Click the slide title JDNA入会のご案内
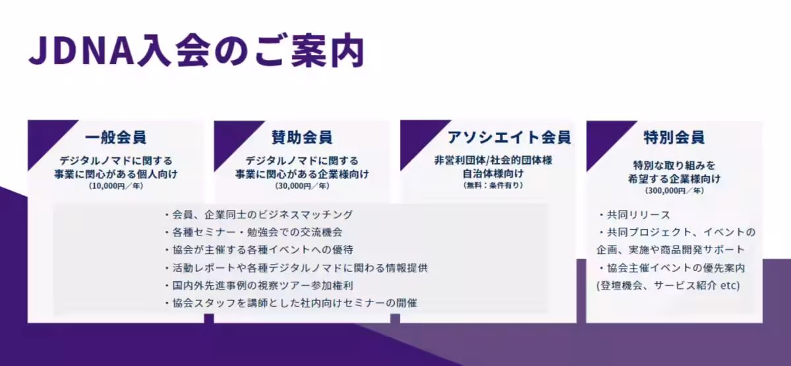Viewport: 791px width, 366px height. [x=196, y=52]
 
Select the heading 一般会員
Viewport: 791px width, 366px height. [x=116, y=138]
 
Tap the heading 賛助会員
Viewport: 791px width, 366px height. [x=302, y=138]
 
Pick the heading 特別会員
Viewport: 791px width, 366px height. [x=674, y=138]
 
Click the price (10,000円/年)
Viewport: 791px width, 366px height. [x=116, y=186]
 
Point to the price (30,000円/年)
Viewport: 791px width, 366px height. [x=302, y=186]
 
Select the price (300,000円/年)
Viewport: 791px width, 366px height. [x=674, y=190]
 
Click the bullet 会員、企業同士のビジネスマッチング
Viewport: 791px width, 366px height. [x=258, y=215]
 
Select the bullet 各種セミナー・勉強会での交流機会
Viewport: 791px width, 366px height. [x=253, y=232]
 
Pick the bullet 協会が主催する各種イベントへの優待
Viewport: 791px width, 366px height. [x=258, y=250]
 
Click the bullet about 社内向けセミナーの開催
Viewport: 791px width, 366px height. [x=290, y=303]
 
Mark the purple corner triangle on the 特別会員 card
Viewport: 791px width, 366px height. [x=602, y=135]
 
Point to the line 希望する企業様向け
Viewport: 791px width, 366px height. [x=674, y=178]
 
